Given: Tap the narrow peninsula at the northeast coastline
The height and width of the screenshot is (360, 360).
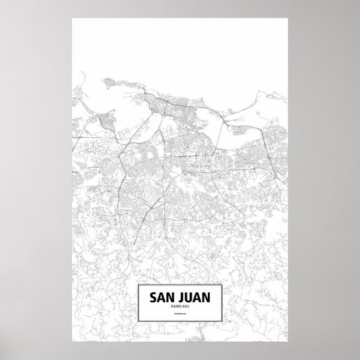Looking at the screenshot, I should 262,95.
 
